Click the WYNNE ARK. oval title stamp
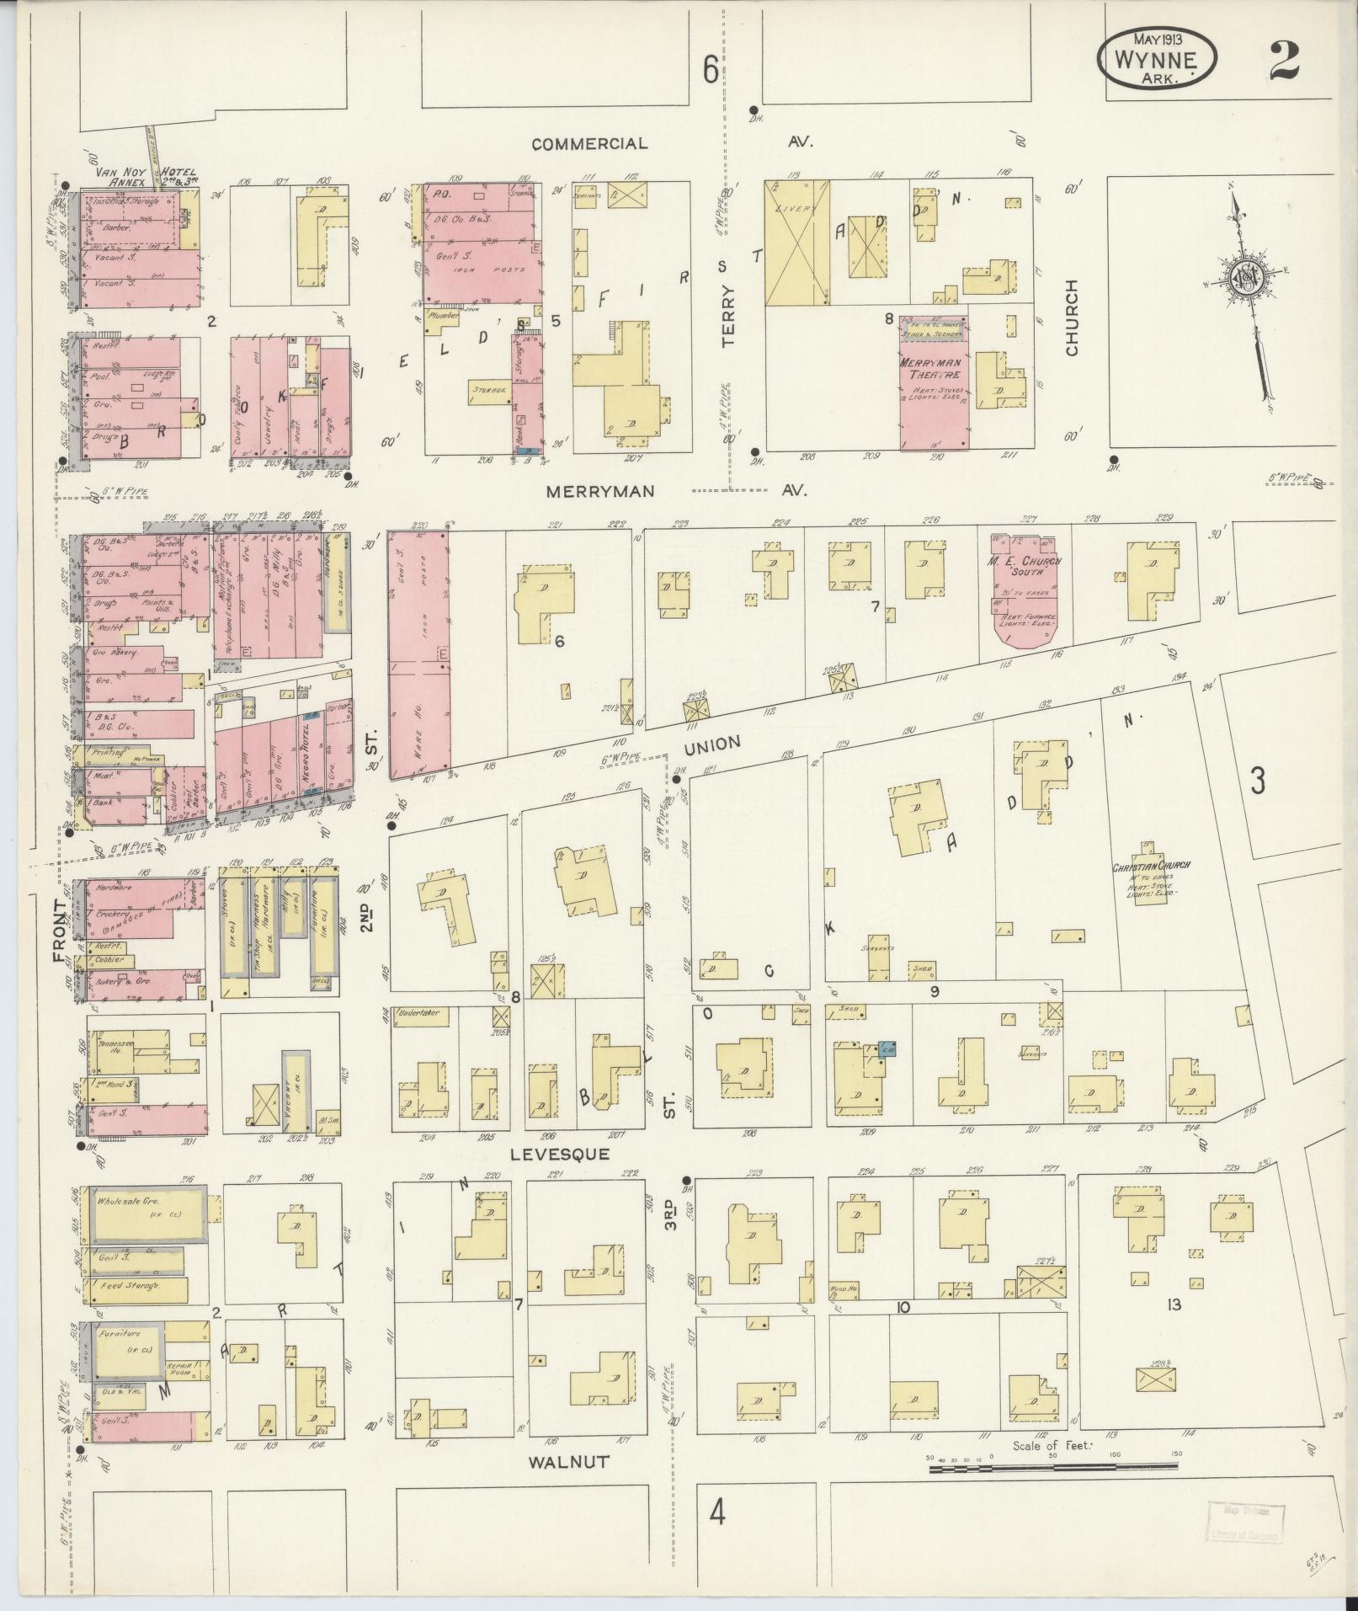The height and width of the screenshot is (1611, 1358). [1158, 58]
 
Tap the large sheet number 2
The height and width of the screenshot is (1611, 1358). [1285, 59]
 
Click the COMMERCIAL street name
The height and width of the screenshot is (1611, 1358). [590, 144]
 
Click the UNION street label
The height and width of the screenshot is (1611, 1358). [711, 744]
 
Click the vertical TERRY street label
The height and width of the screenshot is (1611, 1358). [728, 316]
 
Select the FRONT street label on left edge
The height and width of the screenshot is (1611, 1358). [60, 931]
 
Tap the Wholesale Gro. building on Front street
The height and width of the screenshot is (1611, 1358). [147, 1214]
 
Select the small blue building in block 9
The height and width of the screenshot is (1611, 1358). [887, 1049]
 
